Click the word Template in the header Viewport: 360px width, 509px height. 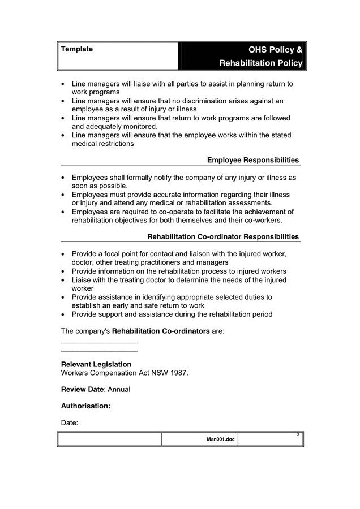point(77,49)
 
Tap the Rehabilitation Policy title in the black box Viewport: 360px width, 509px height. point(261,63)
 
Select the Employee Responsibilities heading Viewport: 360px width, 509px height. point(252,160)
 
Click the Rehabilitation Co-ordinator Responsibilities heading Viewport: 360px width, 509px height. point(223,236)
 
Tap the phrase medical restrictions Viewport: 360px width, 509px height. point(102,144)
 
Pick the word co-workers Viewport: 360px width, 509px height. point(260,220)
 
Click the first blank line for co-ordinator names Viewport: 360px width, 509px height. point(99,343)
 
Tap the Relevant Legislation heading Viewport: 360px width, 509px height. point(96,364)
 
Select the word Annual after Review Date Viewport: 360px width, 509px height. point(119,389)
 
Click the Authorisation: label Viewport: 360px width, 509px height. point(85,406)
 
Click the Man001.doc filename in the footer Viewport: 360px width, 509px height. point(221,439)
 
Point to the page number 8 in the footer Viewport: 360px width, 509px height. point(298,434)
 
